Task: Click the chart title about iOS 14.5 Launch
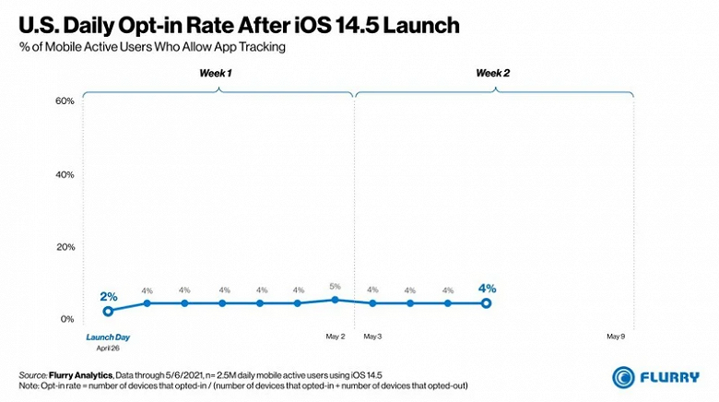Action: [237, 24]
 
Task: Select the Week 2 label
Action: [493, 72]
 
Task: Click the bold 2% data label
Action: [109, 297]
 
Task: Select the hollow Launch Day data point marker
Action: [109, 312]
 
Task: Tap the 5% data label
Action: [334, 286]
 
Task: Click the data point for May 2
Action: [334, 299]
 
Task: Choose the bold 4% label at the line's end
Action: [487, 289]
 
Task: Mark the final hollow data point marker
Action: [486, 303]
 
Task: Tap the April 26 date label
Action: [109, 349]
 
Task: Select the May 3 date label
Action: [372, 337]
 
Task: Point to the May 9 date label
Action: [616, 337]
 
